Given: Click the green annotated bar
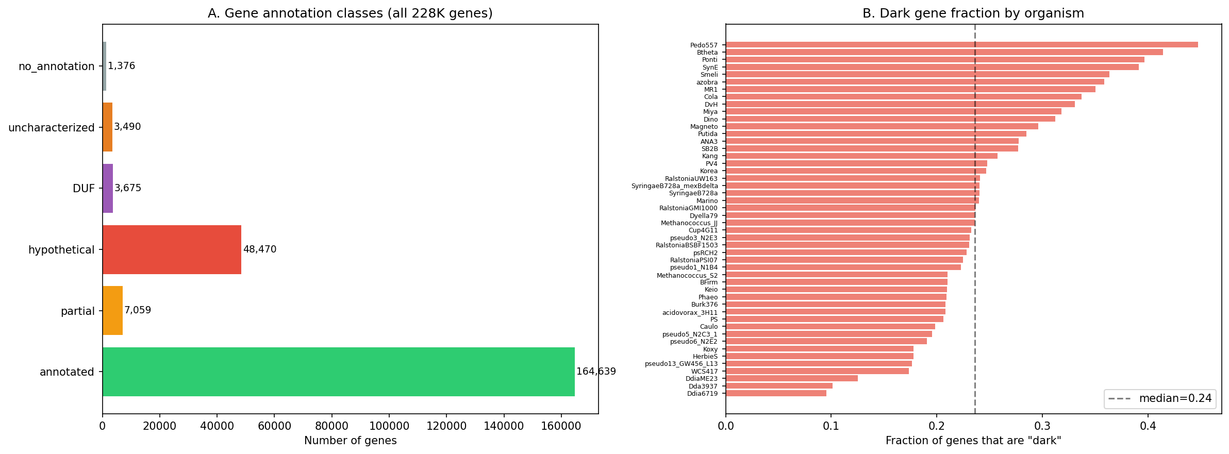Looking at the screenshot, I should tap(338, 372).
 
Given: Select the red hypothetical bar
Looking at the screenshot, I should tap(172, 249).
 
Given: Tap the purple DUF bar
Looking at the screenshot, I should tap(108, 188).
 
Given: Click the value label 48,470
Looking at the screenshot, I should tap(260, 249).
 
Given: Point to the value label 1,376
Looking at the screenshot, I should tap(121, 66).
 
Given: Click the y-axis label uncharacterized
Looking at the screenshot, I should tap(52, 127).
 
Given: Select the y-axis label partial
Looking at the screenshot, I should tap(78, 311).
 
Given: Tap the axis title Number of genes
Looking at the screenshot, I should tap(350, 441).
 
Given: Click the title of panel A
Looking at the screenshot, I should tap(350, 13).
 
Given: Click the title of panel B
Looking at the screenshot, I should tap(973, 13).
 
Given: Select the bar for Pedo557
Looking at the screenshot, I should tap(961, 45).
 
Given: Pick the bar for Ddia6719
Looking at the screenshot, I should tap(776, 393).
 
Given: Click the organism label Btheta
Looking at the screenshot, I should tap(707, 53).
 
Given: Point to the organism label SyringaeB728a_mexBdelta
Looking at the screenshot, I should tap(674, 186).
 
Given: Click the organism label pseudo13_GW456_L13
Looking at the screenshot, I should tap(681, 364).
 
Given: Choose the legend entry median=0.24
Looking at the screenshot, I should tap(1160, 398).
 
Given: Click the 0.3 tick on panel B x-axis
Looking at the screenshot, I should tap(1042, 426).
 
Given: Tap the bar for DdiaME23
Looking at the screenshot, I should tap(791, 378).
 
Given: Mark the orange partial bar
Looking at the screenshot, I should tap(112, 311).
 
